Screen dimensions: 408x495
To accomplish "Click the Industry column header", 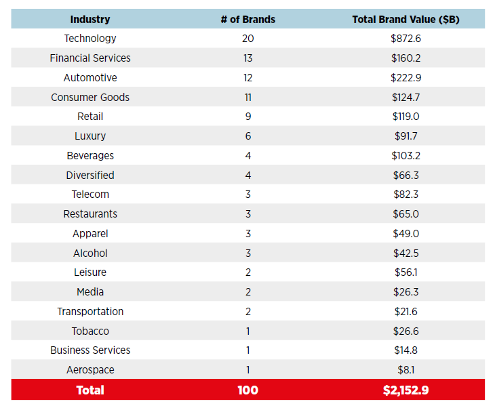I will tap(90, 19).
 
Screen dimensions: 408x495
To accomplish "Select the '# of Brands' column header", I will tap(248, 19).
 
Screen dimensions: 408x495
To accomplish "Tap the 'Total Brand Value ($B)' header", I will tap(405, 19).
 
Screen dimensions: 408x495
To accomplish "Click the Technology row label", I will tap(90, 39).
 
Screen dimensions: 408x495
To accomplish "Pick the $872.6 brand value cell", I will tap(405, 39).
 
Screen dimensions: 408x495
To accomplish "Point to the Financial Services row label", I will tap(90, 58).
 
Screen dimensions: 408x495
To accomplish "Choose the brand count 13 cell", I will tap(248, 58).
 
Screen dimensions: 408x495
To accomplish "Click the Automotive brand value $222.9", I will tap(405, 78).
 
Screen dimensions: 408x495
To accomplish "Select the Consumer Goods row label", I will tap(90, 98).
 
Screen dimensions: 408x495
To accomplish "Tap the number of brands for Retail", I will tap(248, 117).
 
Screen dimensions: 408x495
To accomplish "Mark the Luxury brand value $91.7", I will tap(405, 136).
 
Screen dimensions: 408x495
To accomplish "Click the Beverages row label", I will tap(90, 156).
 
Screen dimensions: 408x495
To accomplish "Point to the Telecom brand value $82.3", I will tap(405, 195).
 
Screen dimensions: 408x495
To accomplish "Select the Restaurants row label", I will tap(90, 214).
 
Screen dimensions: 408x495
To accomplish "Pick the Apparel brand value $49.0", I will tap(405, 234).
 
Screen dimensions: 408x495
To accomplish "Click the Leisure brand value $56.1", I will tap(405, 272).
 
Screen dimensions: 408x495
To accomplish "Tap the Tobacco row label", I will tap(90, 331).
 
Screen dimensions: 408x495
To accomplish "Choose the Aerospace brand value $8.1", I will tap(405, 370).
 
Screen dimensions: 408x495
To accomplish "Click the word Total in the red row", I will tap(90, 390).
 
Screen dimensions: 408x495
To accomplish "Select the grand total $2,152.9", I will tap(405, 390).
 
